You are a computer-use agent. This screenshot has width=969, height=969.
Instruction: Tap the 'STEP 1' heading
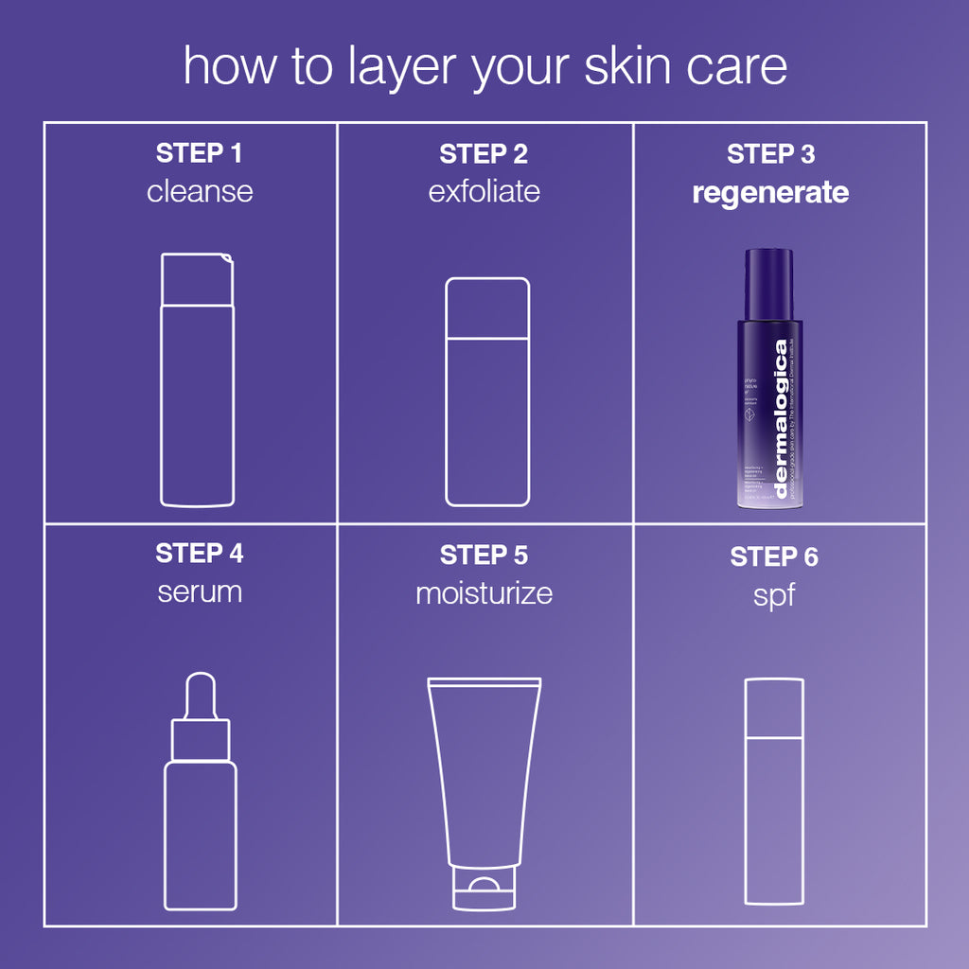click(200, 153)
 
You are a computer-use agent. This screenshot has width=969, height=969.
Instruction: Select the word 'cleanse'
click(200, 191)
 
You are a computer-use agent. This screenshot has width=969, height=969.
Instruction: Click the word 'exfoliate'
click(484, 191)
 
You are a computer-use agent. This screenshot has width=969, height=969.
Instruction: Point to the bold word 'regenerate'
click(770, 193)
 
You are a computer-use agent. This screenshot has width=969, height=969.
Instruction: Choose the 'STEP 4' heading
click(200, 554)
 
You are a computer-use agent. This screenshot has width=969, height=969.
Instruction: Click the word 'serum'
click(200, 592)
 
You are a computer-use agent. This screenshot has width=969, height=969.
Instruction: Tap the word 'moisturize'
click(484, 593)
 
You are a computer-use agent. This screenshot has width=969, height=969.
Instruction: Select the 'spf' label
click(774, 597)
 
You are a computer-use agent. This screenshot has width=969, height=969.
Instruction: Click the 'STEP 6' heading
click(774, 557)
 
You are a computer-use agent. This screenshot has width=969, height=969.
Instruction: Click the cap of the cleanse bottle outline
click(196, 279)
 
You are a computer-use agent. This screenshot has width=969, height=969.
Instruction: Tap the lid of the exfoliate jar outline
click(487, 308)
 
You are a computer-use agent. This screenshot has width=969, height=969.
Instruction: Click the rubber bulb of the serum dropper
click(201, 694)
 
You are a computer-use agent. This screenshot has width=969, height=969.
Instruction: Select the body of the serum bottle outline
click(201, 833)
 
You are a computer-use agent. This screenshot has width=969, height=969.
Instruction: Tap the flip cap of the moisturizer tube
click(484, 892)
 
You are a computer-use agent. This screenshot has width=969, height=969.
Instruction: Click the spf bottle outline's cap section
click(774, 708)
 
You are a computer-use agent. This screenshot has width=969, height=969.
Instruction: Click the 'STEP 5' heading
click(484, 555)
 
